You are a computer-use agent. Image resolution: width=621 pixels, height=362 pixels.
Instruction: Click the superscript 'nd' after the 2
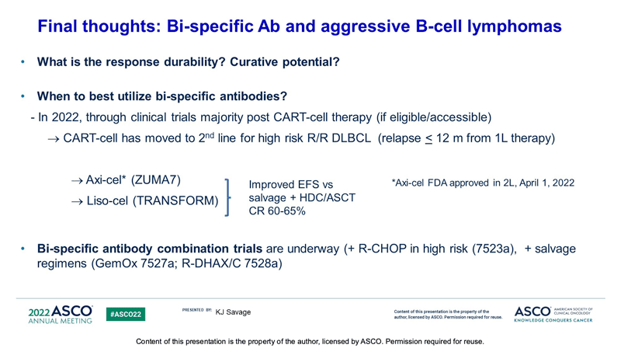tap(210, 135)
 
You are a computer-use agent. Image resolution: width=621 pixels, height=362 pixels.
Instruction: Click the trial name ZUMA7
tap(156, 180)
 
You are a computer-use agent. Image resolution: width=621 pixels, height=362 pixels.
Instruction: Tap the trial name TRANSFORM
tap(175, 200)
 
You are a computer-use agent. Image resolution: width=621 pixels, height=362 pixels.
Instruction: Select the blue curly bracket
tap(227, 197)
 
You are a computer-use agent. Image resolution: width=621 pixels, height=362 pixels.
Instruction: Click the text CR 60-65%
tap(277, 211)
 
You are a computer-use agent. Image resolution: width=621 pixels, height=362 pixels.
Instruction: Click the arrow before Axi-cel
tap(77, 181)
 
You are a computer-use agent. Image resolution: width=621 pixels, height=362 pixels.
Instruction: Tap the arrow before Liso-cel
tap(77, 201)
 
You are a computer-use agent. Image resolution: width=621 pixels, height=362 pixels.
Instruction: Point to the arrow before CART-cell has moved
tap(54, 139)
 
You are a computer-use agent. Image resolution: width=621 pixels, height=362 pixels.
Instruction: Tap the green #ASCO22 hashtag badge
tap(126, 314)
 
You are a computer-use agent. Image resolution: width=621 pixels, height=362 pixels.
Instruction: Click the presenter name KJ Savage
tap(233, 312)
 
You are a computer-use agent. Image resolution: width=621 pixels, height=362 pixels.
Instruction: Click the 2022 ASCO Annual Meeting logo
tap(61, 315)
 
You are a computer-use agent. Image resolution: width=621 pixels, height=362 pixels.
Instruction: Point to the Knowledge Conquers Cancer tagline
tap(553, 320)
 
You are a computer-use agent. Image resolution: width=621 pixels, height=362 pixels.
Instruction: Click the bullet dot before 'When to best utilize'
tap(23, 96)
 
